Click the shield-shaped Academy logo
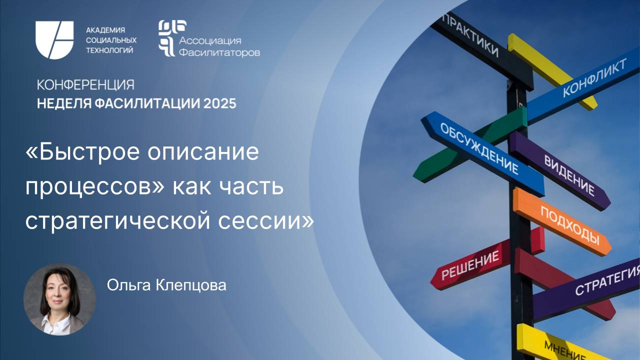click(54, 40)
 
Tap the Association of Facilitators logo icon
click(168, 38)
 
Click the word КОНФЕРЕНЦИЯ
click(85, 84)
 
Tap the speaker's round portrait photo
click(59, 299)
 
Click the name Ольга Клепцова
click(166, 285)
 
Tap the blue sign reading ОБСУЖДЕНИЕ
click(480, 150)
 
